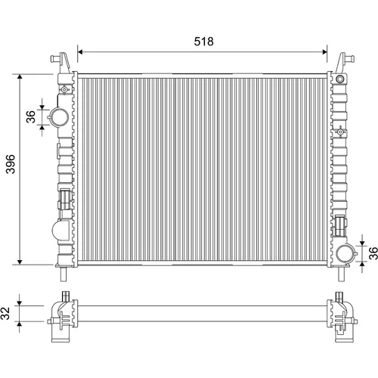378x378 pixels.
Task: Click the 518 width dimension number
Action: pos(203,42)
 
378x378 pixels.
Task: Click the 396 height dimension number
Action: pos(11,164)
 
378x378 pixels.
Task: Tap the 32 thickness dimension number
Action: pos(5,313)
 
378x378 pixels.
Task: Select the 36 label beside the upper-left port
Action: pos(31,116)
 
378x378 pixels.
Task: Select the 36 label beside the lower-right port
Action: pos(373,253)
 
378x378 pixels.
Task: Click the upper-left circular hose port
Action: pos(60,117)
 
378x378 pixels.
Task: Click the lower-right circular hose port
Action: pos(345,253)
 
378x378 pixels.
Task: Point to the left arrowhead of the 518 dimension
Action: pos(80,52)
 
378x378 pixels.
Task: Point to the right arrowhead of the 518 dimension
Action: pos(324,52)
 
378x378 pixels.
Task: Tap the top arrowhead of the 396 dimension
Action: pos(20,77)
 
